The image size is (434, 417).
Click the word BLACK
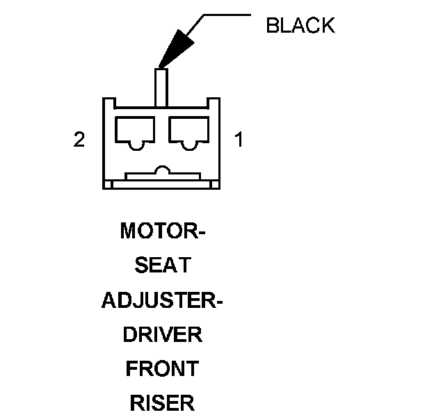click(x=300, y=26)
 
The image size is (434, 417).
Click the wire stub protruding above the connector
click(x=162, y=87)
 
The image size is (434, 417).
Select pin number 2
click(x=79, y=140)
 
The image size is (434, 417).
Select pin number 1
click(x=239, y=140)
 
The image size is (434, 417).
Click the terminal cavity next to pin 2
click(x=135, y=131)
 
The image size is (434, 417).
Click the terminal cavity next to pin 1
click(x=188, y=131)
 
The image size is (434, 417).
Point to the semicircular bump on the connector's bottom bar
click(x=162, y=170)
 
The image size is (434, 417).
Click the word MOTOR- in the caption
click(x=163, y=231)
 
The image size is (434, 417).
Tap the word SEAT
click(x=163, y=265)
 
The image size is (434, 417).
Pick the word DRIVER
click(x=163, y=334)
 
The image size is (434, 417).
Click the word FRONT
click(x=163, y=368)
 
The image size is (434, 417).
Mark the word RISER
click(x=163, y=403)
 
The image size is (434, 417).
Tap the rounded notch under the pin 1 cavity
click(x=188, y=147)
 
